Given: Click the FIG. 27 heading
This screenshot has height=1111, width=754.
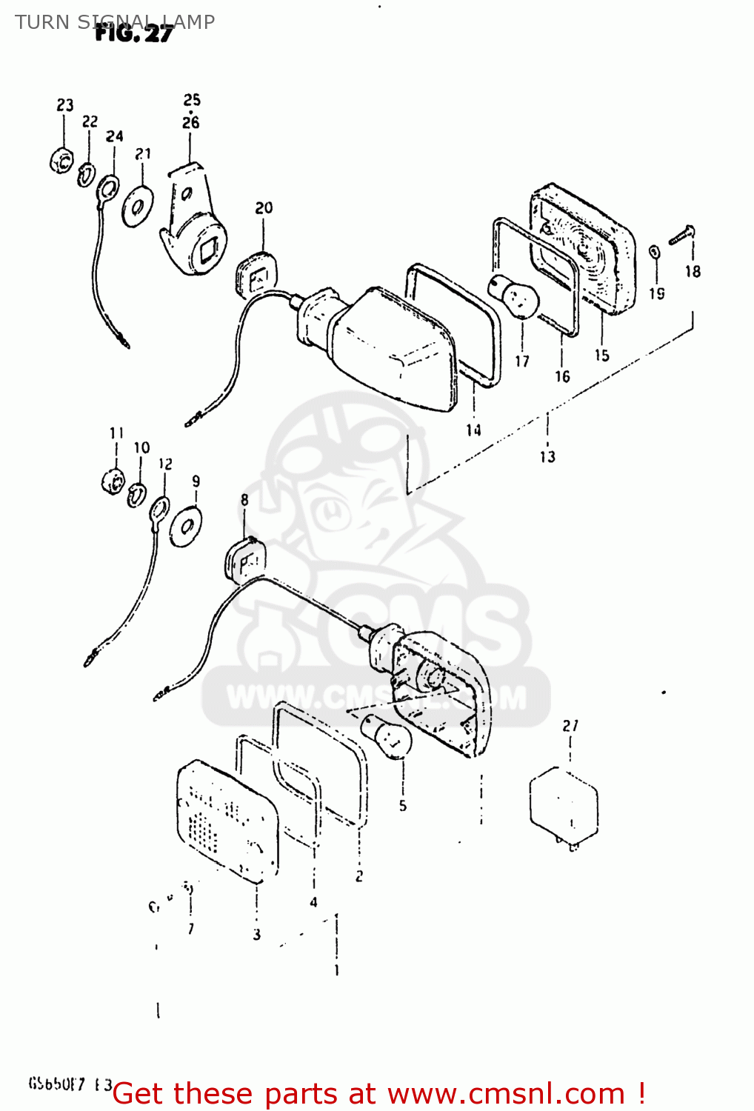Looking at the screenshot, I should pyautogui.click(x=134, y=33).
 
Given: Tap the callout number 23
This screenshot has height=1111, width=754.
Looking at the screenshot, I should pyautogui.click(x=65, y=105).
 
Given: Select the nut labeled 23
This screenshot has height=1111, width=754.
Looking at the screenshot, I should pyautogui.click(x=61, y=159).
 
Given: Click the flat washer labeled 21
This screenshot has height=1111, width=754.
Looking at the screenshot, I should pyautogui.click(x=138, y=207).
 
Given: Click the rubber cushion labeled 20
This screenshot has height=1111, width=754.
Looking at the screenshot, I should pyautogui.click(x=256, y=274).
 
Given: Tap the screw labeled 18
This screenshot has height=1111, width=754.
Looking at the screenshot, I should pyautogui.click(x=682, y=236).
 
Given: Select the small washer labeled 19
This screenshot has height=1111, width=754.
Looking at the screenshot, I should pyautogui.click(x=655, y=252).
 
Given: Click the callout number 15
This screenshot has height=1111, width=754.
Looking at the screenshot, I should pyautogui.click(x=601, y=356).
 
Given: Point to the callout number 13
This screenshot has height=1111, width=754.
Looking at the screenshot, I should pyautogui.click(x=547, y=456).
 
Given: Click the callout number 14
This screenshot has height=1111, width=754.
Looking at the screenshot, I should pyautogui.click(x=473, y=430).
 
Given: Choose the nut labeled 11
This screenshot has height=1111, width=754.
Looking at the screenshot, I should pyautogui.click(x=113, y=481).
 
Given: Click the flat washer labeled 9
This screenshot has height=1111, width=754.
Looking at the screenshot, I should pyautogui.click(x=185, y=527).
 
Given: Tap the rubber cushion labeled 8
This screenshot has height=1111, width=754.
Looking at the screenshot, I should pyautogui.click(x=243, y=560).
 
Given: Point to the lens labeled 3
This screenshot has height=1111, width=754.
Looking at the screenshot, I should pyautogui.click(x=226, y=822).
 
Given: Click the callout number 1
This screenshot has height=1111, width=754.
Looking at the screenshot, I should pyautogui.click(x=337, y=970).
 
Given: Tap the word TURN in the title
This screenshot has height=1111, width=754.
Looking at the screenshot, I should pyautogui.click(x=42, y=22).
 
